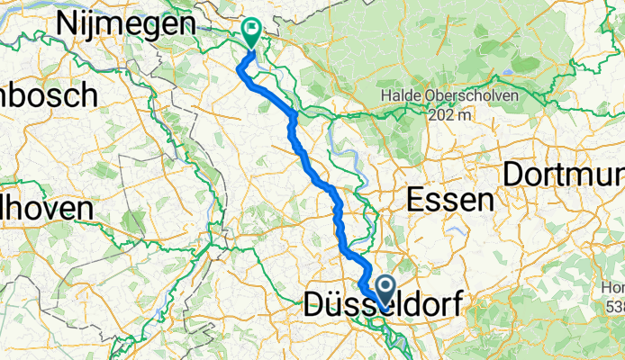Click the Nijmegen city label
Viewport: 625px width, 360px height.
pyautogui.click(x=126, y=25)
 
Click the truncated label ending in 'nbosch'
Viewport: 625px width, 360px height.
pyautogui.click(x=50, y=93)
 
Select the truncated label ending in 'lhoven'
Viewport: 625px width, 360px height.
pyautogui.click(x=47, y=208)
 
